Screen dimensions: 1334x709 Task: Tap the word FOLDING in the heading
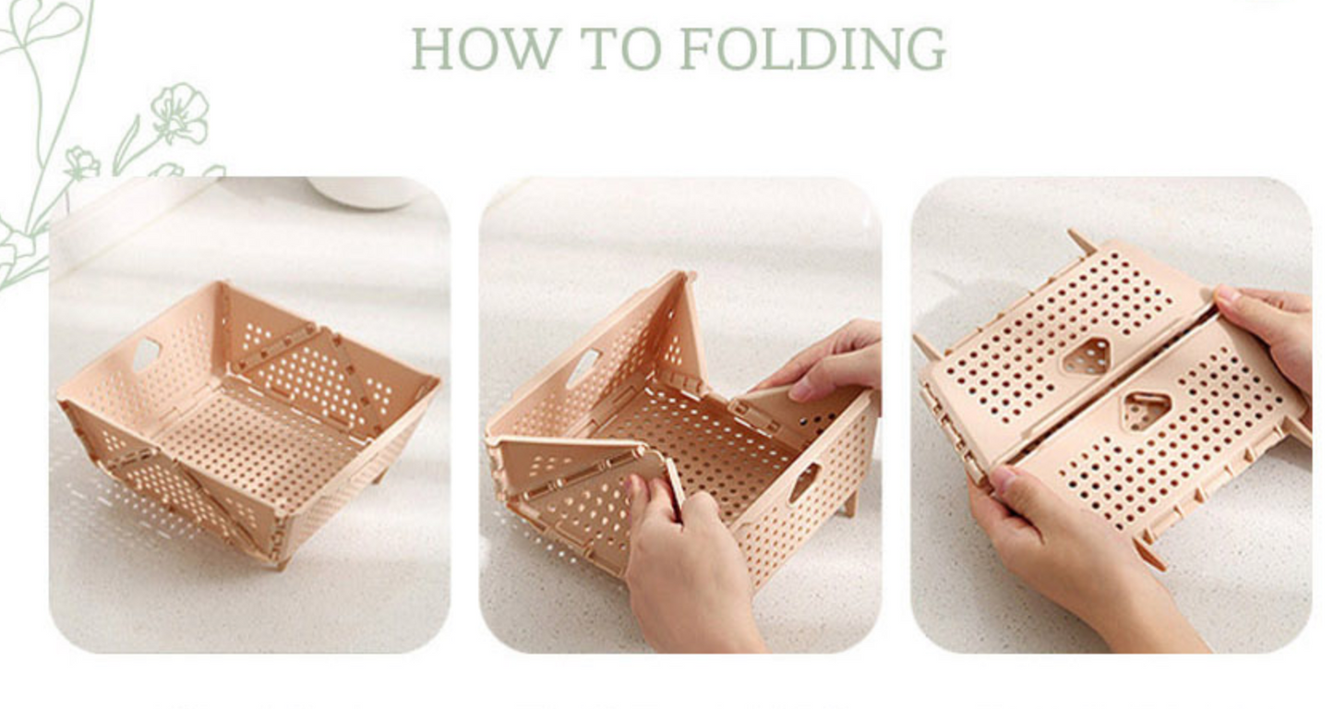click(x=813, y=48)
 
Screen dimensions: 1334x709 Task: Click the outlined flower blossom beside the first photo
click(x=179, y=114)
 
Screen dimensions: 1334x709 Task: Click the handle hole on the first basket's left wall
click(x=146, y=354)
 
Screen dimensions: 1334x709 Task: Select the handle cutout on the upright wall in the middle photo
click(x=582, y=368)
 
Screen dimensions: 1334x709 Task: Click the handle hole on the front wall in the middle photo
click(x=804, y=481)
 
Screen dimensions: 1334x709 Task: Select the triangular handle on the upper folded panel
click(x=1088, y=356)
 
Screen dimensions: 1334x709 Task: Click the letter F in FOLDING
click(x=698, y=48)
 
